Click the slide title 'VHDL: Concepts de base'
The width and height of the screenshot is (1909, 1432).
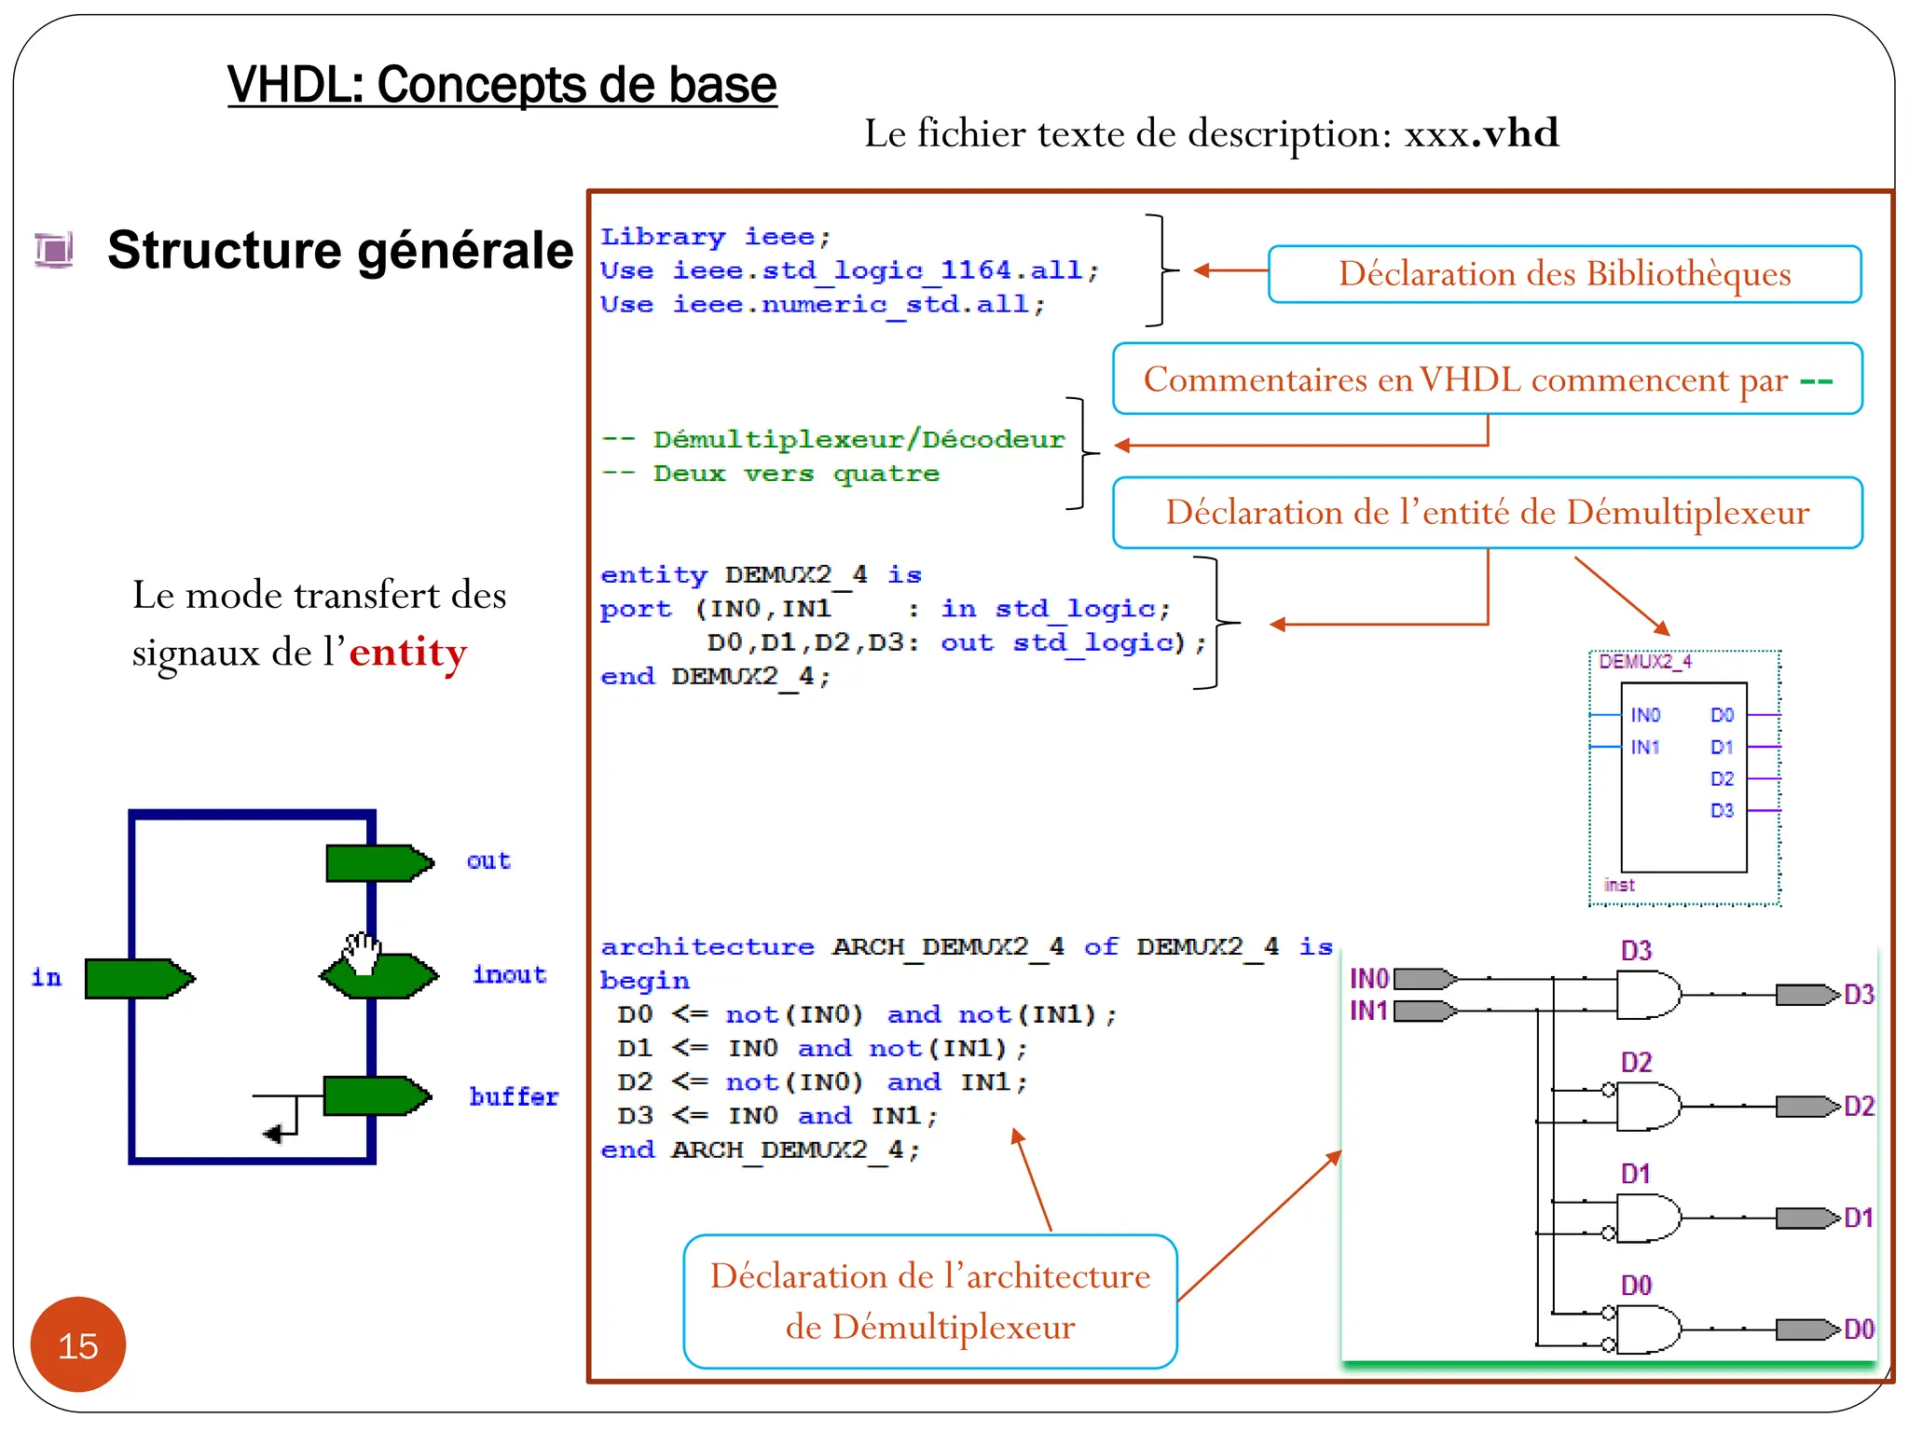[x=501, y=85]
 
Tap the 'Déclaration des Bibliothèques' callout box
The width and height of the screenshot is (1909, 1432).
[x=1564, y=274]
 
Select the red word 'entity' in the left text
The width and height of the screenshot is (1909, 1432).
[x=407, y=652]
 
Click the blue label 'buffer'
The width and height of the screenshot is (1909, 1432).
[x=514, y=1096]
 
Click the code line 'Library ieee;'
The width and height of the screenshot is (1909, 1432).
[x=715, y=237]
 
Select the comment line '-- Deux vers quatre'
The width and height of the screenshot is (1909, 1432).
[x=770, y=474]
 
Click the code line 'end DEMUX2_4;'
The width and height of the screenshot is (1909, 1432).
[x=715, y=676]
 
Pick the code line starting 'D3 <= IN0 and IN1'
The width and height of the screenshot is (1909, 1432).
[x=776, y=1115]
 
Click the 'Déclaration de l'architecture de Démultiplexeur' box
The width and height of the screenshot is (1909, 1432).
[x=929, y=1301]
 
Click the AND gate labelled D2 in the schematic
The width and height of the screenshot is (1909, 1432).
[x=1647, y=1107]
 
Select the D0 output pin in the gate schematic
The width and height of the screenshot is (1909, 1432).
[x=1806, y=1329]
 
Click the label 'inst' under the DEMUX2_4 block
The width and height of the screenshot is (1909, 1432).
[x=1619, y=885]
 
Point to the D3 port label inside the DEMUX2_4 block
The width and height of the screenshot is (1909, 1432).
[x=1721, y=810]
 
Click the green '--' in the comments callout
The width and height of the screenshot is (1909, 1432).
[x=1816, y=380]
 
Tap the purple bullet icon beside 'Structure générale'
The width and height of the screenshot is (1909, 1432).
[x=54, y=250]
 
